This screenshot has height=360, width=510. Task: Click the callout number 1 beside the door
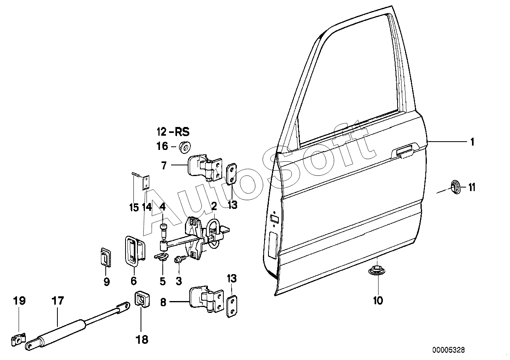472,142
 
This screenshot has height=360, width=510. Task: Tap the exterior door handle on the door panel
405,152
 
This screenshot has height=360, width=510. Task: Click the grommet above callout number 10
377,271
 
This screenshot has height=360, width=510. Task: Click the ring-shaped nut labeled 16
185,147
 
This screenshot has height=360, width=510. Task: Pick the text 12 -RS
173,132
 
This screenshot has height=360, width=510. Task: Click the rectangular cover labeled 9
105,257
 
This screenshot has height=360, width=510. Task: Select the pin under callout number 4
163,230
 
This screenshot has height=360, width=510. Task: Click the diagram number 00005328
449,350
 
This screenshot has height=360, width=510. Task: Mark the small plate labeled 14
146,182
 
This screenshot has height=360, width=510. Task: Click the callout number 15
134,207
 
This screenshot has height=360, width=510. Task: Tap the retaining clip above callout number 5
162,256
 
